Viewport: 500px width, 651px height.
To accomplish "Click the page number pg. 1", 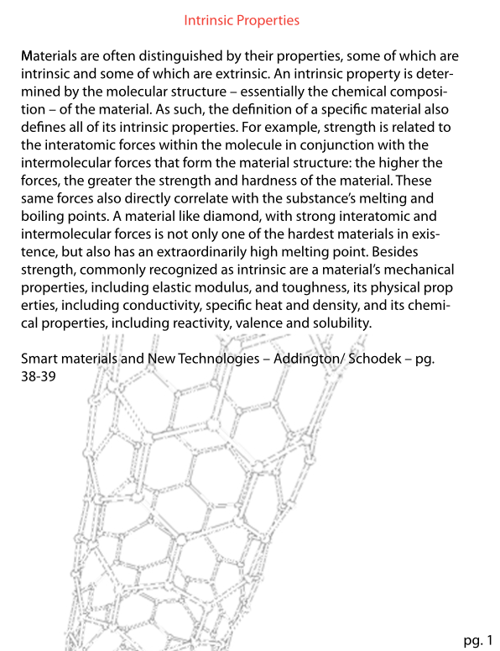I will tap(477, 641).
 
